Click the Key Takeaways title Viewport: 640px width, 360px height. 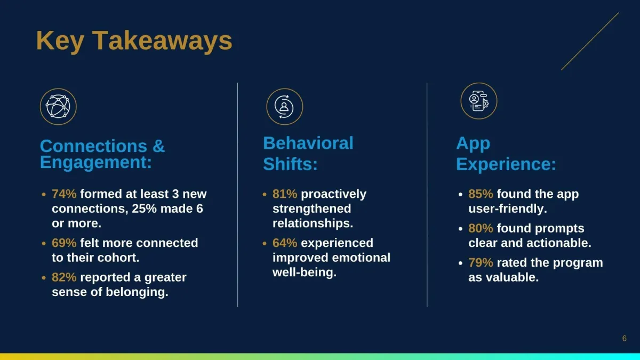pos(134,42)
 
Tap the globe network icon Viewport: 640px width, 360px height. pos(58,107)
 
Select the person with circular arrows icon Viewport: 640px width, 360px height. pos(285,107)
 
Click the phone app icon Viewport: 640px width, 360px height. pos(479,101)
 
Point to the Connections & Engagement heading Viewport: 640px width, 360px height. pos(102,154)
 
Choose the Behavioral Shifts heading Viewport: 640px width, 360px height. pos(308,154)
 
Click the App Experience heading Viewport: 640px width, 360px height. pos(506,154)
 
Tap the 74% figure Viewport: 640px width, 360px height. pos(64,194)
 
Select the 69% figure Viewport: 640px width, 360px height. pos(64,243)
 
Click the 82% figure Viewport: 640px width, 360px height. pos(64,277)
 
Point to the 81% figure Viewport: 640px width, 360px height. pos(285,194)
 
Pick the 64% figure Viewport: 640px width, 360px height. pos(285,243)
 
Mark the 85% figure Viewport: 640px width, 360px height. pos(481,194)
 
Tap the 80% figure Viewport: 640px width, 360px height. pos(481,228)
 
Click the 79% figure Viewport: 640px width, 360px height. pos(481,262)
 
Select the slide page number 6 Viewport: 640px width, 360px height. pos(625,339)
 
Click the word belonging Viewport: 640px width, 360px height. pos(137,292)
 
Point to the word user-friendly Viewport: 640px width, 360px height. pos(508,209)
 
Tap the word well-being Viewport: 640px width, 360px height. pos(305,273)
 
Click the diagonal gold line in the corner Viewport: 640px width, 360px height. pos(590,41)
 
